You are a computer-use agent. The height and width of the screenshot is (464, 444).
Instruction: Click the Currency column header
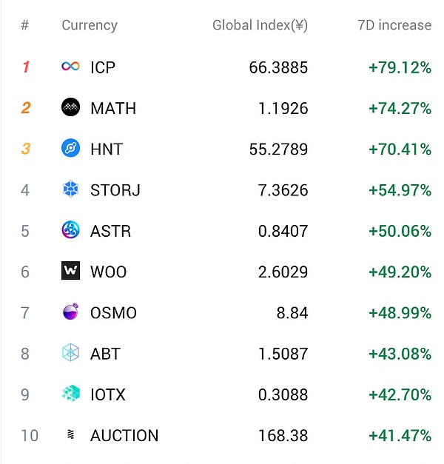89,25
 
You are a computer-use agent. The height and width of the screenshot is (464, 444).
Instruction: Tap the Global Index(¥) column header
260,25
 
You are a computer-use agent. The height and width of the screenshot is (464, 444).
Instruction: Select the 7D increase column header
394,25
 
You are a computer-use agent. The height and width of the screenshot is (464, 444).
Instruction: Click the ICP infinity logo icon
70,67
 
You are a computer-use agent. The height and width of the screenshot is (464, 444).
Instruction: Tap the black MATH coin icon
70,108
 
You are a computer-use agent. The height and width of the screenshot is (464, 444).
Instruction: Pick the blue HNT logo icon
70,149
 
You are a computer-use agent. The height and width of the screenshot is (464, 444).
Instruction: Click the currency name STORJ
115,190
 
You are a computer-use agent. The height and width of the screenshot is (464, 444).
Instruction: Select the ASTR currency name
110,231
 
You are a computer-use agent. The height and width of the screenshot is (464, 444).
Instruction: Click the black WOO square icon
70,272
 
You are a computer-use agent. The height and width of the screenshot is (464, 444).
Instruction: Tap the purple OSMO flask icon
70,312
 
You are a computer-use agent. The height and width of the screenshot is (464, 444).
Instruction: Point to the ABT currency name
105,353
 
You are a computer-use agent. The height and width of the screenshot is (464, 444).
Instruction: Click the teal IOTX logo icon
70,394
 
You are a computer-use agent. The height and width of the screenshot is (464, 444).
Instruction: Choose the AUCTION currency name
124,435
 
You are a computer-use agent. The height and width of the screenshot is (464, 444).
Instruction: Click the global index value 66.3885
278,67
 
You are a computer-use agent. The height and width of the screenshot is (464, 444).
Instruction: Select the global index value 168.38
283,435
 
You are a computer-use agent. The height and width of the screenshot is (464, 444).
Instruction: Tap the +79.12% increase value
400,67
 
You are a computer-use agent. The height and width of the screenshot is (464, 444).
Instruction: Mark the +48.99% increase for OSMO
400,312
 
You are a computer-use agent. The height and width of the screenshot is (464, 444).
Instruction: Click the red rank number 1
26,67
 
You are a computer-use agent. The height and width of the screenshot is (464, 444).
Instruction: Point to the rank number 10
29,435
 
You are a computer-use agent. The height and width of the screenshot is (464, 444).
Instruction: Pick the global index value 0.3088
283,394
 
